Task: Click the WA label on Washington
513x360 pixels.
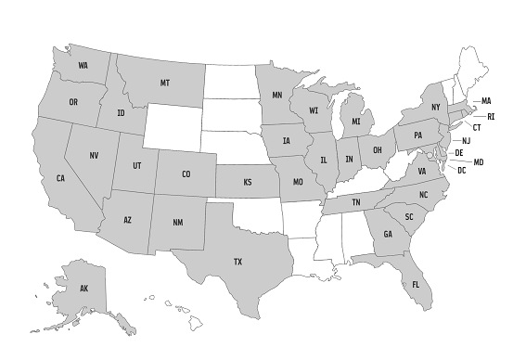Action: (83, 65)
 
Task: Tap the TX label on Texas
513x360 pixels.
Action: (237, 262)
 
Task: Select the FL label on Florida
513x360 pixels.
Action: (416, 283)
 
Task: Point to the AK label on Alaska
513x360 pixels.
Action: (83, 289)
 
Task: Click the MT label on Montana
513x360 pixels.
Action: (164, 84)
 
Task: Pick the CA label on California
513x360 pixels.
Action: (60, 177)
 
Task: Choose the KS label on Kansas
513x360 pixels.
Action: (248, 183)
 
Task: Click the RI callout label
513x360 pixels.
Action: (491, 116)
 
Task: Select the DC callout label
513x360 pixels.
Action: (461, 171)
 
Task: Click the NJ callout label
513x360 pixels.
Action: (467, 140)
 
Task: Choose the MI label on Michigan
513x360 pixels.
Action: (355, 122)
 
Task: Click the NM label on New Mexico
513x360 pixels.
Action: (178, 223)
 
